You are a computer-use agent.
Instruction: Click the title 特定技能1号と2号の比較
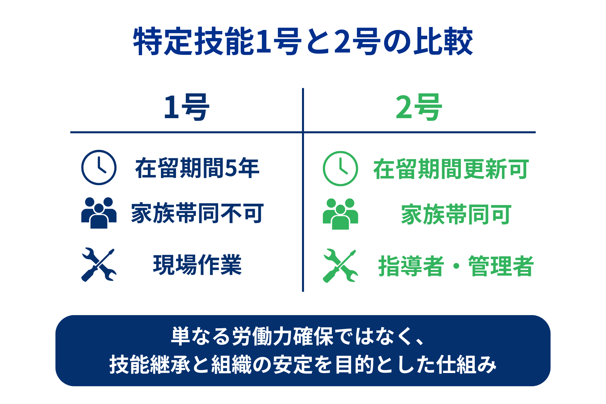click(x=303, y=42)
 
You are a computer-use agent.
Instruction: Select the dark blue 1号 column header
click(x=186, y=107)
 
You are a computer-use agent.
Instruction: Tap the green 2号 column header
click(x=418, y=107)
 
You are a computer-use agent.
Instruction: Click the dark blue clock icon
click(x=99, y=167)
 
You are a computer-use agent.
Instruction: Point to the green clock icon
click(x=340, y=168)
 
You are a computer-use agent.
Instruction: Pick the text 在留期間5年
click(x=197, y=168)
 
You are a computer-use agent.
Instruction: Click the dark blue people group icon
click(x=99, y=213)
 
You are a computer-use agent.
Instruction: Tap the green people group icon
click(x=340, y=214)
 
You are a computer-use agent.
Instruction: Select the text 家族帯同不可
click(x=197, y=213)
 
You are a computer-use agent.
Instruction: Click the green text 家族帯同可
click(x=456, y=214)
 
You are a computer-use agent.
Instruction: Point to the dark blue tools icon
click(x=99, y=265)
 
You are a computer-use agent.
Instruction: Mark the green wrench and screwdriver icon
click(x=340, y=266)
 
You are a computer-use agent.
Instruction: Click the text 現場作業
click(x=197, y=265)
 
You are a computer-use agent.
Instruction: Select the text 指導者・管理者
click(x=456, y=266)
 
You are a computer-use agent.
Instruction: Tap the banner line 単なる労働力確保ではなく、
click(x=298, y=336)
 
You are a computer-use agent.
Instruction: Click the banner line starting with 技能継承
click(x=303, y=364)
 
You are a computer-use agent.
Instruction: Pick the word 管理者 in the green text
click(x=501, y=266)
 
